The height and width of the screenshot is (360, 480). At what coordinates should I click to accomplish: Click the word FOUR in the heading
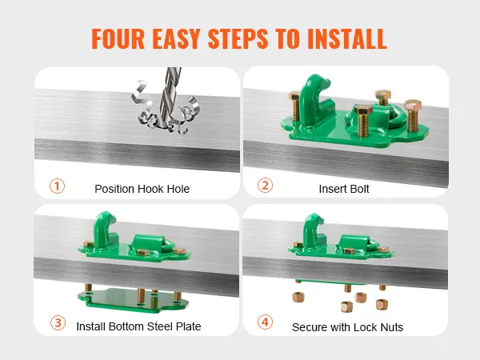(x=118, y=39)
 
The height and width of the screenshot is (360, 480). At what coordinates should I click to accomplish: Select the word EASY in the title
(x=176, y=39)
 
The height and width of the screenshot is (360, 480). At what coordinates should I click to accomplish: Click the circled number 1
(x=58, y=186)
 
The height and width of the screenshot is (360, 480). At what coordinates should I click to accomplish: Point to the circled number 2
(x=265, y=186)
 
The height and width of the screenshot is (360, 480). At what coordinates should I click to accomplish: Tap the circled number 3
(x=58, y=322)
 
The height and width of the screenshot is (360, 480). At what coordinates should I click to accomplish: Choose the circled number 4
(x=265, y=322)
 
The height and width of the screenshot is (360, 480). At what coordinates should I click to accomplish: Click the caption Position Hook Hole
(x=142, y=189)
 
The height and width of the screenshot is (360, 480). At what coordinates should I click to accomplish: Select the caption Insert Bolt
(x=344, y=189)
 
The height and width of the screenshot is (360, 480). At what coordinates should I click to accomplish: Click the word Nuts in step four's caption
(x=391, y=327)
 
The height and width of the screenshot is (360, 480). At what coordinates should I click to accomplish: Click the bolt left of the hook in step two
(x=294, y=106)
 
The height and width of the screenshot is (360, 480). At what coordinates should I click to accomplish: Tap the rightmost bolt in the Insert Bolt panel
(x=413, y=114)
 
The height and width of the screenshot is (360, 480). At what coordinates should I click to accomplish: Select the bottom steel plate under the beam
(x=133, y=301)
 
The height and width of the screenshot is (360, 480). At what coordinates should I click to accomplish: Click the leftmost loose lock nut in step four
(x=298, y=297)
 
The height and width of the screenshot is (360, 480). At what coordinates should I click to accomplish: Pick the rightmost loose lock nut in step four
(x=382, y=305)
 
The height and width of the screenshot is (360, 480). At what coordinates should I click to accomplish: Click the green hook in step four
(x=313, y=232)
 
